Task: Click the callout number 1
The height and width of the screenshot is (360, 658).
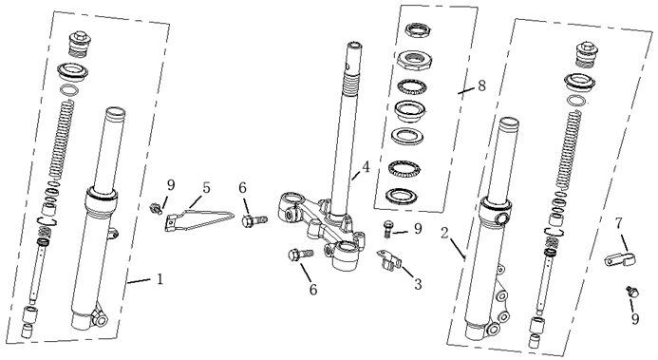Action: pyautogui.click(x=160, y=279)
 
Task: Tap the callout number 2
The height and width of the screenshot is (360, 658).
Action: pyautogui.click(x=445, y=234)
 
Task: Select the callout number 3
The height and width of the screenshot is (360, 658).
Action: pyautogui.click(x=418, y=284)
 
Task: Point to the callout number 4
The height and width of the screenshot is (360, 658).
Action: pyautogui.click(x=366, y=167)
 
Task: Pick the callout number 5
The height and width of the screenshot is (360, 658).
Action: pyautogui.click(x=206, y=187)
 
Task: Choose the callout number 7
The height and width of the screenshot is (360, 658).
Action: pyautogui.click(x=619, y=223)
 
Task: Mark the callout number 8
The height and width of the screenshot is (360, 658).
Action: pyautogui.click(x=481, y=85)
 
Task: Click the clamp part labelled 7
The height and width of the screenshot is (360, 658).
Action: pyautogui.click(x=620, y=260)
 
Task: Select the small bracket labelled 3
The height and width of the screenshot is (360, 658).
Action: pyautogui.click(x=389, y=260)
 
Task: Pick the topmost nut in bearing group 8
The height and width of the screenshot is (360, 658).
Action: pyautogui.click(x=418, y=30)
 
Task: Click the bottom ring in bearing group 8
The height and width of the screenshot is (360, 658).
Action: pyautogui.click(x=402, y=196)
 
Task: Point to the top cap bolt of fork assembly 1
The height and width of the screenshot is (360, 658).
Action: pyautogui.click(x=79, y=44)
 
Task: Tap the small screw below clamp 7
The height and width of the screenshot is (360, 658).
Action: pyautogui.click(x=631, y=292)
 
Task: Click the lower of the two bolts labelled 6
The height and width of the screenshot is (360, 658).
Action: pyautogui.click(x=300, y=255)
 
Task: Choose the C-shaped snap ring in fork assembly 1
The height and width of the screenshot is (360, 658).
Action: pyautogui.click(x=47, y=221)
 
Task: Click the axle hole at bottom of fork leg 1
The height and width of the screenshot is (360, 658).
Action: pyautogui.click(x=102, y=321)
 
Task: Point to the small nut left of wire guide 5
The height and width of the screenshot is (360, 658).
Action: pyautogui.click(x=156, y=208)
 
